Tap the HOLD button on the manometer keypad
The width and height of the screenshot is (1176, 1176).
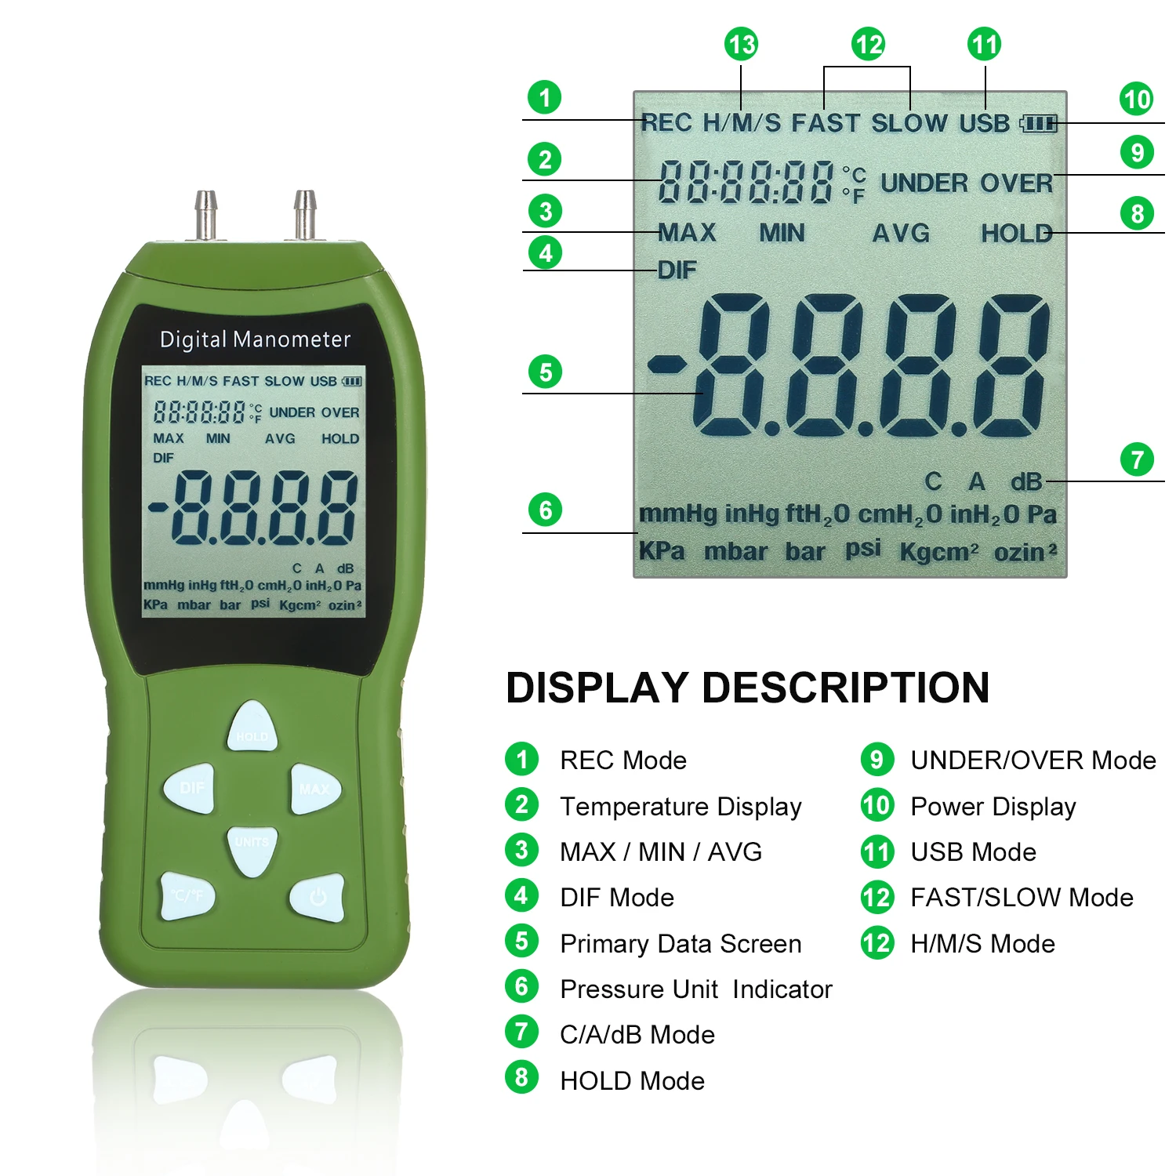tap(252, 727)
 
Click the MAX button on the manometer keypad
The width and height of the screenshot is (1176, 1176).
tap(315, 789)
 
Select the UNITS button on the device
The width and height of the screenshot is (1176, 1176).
tap(252, 848)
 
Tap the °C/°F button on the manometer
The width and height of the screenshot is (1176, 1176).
tap(187, 895)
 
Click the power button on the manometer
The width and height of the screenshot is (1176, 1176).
tap(318, 897)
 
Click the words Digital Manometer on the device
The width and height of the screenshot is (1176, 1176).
tap(255, 339)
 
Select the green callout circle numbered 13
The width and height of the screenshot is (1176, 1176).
tap(741, 45)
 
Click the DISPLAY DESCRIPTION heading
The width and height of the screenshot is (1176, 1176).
tap(747, 688)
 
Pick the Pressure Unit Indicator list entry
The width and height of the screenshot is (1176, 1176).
tap(695, 989)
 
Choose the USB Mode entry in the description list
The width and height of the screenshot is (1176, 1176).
tap(973, 852)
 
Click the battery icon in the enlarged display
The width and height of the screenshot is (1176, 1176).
tap(1039, 123)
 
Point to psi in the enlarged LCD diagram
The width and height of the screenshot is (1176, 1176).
tap(862, 549)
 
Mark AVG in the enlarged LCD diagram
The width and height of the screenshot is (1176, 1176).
tap(901, 233)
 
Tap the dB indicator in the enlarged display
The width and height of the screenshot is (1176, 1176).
tap(1025, 481)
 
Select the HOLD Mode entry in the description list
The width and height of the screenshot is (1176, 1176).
tap(632, 1081)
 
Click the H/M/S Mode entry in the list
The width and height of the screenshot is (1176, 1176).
tap(982, 944)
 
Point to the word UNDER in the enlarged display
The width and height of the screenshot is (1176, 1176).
tap(924, 183)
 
